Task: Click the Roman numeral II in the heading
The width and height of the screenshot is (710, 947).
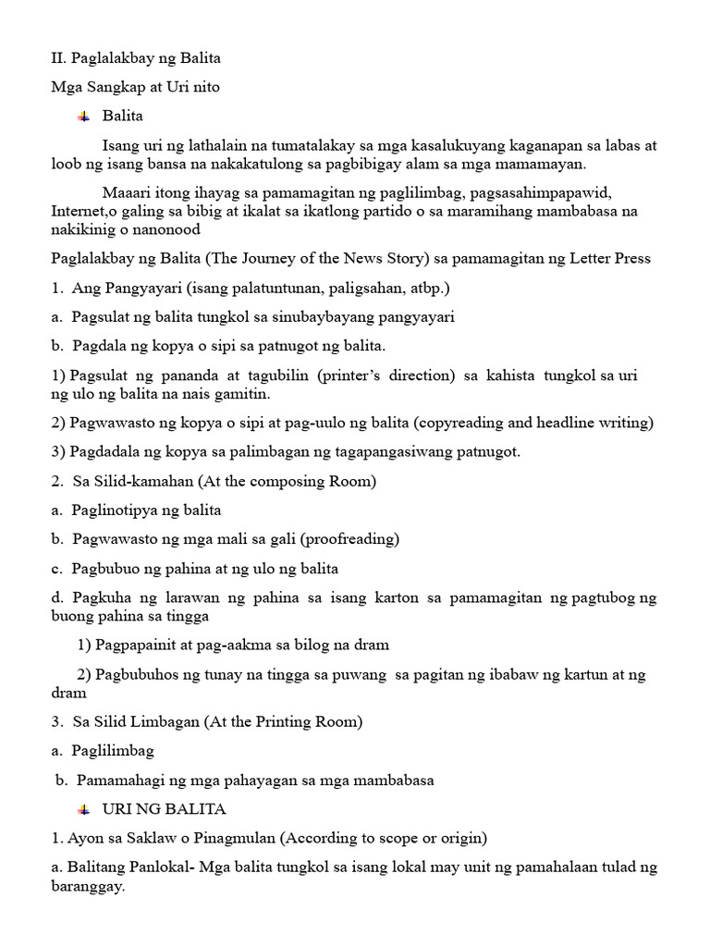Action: (57, 58)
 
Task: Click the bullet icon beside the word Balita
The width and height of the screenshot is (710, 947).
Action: (84, 117)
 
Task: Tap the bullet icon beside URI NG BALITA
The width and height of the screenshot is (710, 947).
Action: (84, 809)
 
